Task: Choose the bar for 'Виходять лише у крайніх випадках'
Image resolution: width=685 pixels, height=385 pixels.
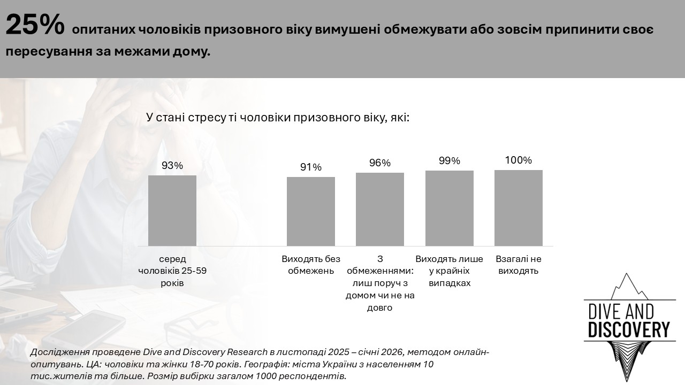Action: pyautogui.click(x=449, y=208)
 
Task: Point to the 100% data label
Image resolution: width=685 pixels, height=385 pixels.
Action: pyautogui.click(x=518, y=160)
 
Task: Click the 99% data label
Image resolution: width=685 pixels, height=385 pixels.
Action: pyautogui.click(x=449, y=161)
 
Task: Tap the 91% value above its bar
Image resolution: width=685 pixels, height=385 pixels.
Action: pyautogui.click(x=310, y=167)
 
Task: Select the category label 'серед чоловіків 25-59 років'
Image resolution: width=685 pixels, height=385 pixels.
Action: pyautogui.click(x=172, y=271)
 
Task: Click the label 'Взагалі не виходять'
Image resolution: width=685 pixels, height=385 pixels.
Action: pyautogui.click(x=518, y=265)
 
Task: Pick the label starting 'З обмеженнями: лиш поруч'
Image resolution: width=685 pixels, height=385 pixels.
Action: pyautogui.click(x=379, y=283)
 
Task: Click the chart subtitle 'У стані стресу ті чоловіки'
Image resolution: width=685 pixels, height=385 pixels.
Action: pyautogui.click(x=278, y=117)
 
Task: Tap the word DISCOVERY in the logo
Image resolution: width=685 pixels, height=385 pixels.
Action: pyautogui.click(x=628, y=329)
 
